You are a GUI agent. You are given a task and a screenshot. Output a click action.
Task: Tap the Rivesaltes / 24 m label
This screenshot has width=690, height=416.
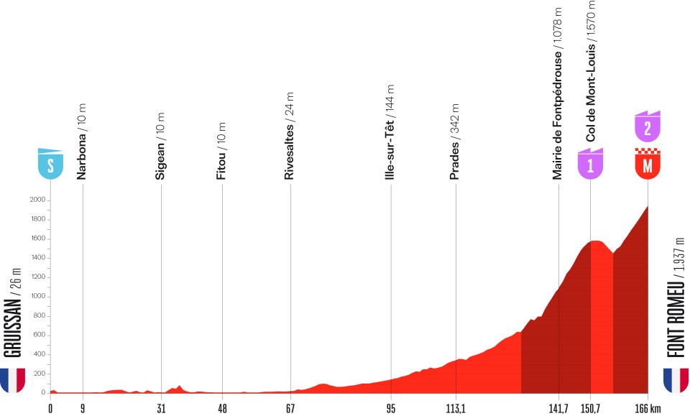coord(290,136)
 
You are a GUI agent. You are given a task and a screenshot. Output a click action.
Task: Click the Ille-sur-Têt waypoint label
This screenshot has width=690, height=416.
coord(390,137)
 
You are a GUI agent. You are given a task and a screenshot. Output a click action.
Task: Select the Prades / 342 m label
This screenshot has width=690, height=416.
coord(454,142)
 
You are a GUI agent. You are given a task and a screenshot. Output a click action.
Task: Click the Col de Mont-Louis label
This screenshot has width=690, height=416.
coord(592,72)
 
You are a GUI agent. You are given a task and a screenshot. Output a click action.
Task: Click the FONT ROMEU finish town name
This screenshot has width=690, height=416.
coord(678,297)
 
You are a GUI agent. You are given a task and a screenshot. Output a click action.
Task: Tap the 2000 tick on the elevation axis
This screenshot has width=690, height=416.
coord(37,200)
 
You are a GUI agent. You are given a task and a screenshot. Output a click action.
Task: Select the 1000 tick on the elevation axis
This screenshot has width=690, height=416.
coord(37,296)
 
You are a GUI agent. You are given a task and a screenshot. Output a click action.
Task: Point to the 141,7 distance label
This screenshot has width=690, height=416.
coord(558,407)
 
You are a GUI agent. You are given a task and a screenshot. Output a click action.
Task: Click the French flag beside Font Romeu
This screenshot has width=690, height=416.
coord(676,380)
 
